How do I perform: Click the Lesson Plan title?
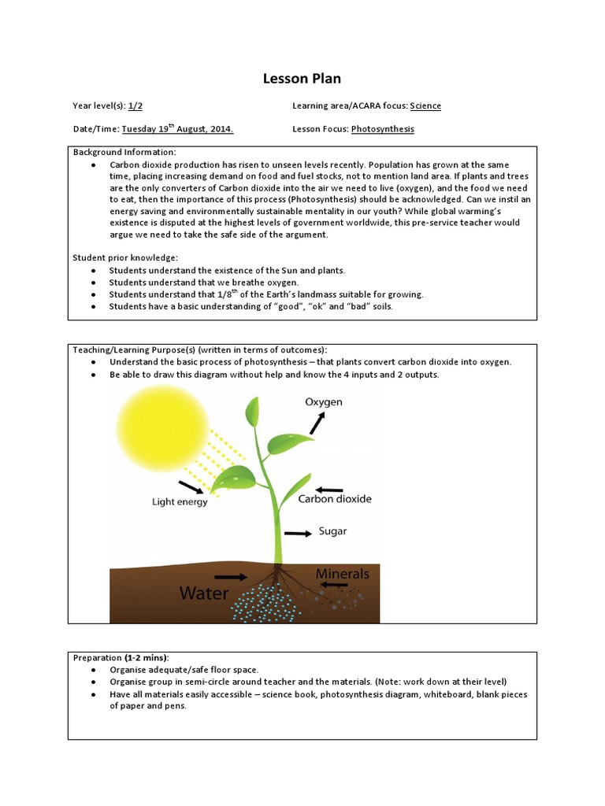[302, 79]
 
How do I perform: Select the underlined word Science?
[425, 105]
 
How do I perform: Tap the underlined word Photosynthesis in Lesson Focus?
[382, 129]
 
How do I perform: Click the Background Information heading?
[124, 151]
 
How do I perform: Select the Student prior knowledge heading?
[125, 257]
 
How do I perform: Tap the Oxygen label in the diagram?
[324, 402]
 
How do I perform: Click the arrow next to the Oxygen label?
[316, 423]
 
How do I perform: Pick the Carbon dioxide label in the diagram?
[335, 498]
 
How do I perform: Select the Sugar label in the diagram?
[332, 531]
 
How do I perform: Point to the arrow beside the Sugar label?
[298, 533]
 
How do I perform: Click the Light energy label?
[180, 501]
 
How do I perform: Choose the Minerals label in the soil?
[343, 574]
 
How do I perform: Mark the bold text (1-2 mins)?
[146, 657]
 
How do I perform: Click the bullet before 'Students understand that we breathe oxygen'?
[94, 283]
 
